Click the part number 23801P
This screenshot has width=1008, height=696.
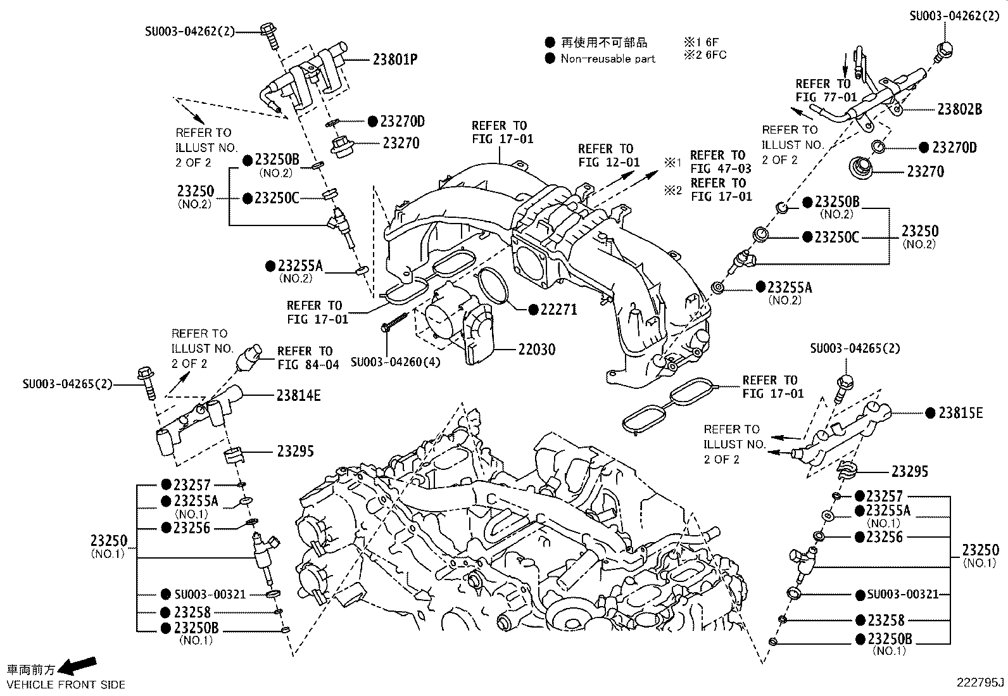[394, 60]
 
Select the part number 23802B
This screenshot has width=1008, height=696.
[959, 109]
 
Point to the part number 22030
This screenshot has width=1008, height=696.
[536, 349]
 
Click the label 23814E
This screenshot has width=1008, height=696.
[298, 396]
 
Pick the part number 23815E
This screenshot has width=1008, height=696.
[960, 413]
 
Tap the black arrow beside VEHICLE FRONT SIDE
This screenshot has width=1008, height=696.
[80, 665]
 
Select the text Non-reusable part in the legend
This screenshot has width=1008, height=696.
[607, 59]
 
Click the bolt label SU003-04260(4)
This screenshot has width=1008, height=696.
[396, 362]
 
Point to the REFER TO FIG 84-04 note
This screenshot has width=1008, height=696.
[308, 358]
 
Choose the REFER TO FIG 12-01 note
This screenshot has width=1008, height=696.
[608, 155]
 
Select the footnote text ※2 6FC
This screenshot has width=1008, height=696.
[705, 55]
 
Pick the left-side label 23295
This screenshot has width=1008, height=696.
[294, 452]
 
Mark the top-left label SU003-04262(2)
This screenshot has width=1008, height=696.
[189, 30]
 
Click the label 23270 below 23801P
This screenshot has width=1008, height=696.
[401, 143]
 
